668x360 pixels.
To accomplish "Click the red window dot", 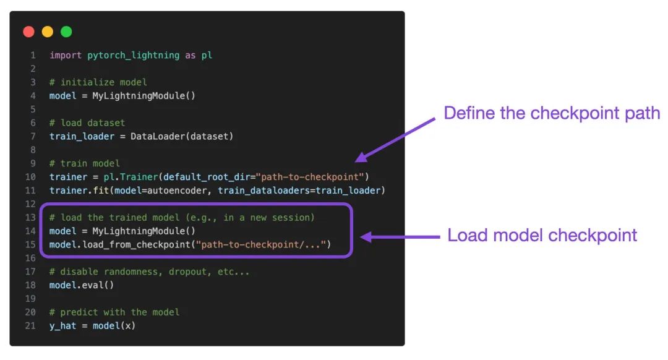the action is click(28, 32).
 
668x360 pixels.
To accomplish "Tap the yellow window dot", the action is click(48, 32).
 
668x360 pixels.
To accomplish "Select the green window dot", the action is click(66, 32).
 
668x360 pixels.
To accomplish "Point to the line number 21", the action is click(30, 325).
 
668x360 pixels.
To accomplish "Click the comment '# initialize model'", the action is click(98, 82).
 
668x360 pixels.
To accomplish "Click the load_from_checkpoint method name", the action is click(135, 245).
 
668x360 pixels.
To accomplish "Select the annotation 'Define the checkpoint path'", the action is click(552, 113).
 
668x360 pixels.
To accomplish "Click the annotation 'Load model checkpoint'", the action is click(542, 236).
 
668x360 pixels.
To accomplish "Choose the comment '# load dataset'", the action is click(87, 122).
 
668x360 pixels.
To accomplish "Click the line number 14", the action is click(30, 231).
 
